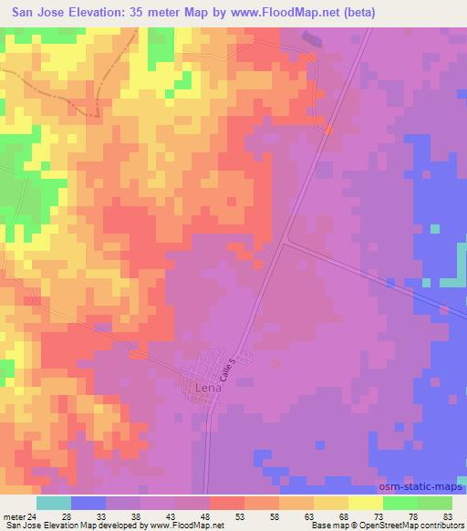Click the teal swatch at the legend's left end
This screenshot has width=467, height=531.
click(54, 503)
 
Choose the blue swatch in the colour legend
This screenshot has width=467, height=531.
click(88, 503)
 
